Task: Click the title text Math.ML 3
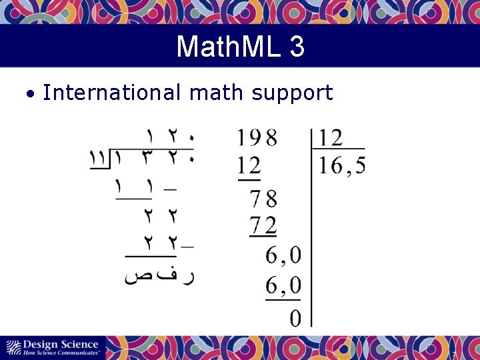240,47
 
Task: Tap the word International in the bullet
111,93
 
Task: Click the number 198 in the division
257,139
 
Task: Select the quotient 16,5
341,165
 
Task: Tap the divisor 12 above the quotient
331,139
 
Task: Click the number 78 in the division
263,199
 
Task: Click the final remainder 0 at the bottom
295,319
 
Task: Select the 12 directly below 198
249,165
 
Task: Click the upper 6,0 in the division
283,255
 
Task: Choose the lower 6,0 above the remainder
283,287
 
